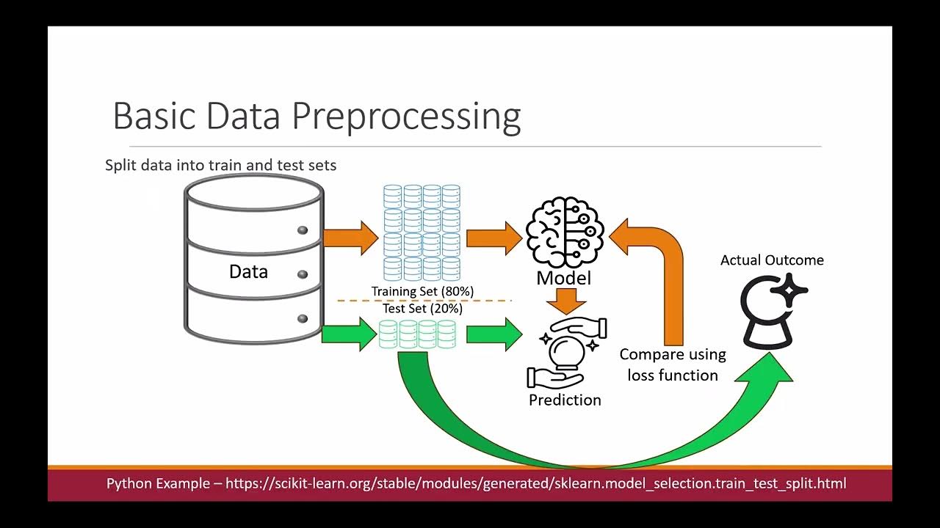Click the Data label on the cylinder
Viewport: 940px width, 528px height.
248,271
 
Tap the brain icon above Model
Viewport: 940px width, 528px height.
565,232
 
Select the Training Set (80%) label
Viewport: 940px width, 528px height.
422,291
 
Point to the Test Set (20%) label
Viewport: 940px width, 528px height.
422,309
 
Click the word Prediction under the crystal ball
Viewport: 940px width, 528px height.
565,400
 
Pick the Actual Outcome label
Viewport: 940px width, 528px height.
772,260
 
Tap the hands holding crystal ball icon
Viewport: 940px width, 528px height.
566,352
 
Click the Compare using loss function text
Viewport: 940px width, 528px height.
673,364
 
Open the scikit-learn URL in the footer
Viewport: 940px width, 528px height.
535,483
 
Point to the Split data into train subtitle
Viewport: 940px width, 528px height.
220,165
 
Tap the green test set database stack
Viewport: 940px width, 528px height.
417,334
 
